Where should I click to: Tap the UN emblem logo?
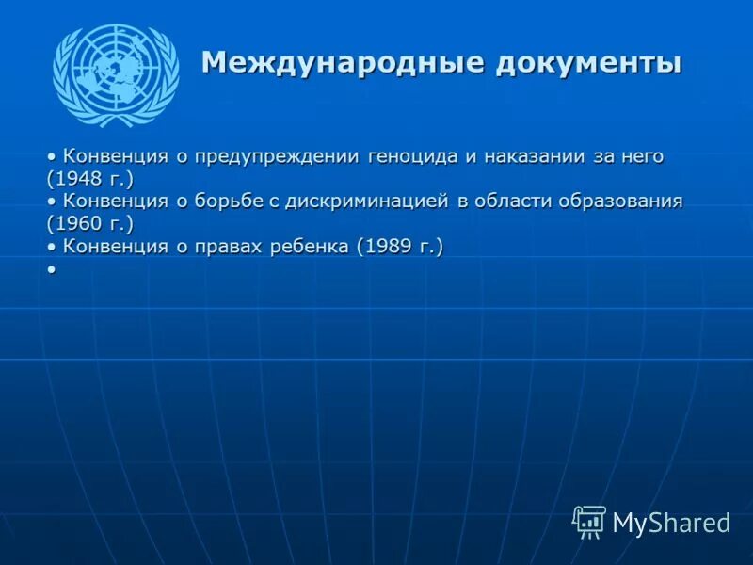(x=116, y=75)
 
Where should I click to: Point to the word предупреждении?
(x=267, y=156)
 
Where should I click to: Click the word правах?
(x=225, y=247)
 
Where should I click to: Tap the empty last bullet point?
(x=51, y=269)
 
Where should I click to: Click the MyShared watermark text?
(x=671, y=523)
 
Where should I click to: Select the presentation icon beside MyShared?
(x=589, y=522)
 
